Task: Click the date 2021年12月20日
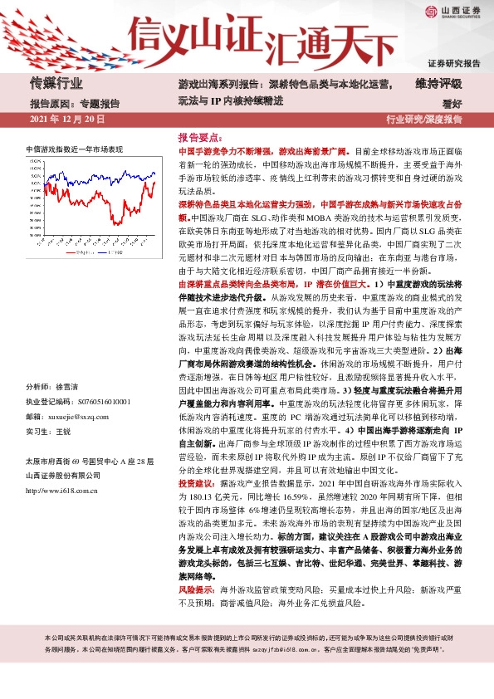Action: click(x=67, y=120)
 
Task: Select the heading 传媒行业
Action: click(x=56, y=83)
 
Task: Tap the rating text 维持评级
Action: click(x=438, y=83)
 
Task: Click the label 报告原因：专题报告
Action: click(x=75, y=104)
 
